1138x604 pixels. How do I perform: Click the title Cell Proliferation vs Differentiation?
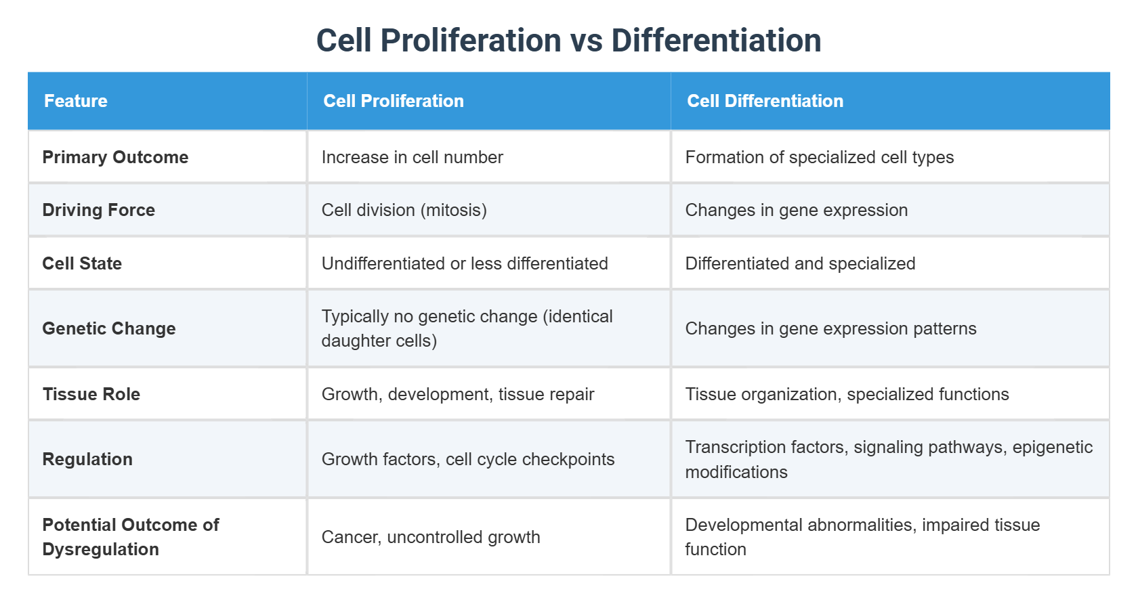click(x=568, y=41)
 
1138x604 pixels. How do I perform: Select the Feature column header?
click(x=76, y=101)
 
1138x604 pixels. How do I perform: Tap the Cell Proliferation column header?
click(x=394, y=101)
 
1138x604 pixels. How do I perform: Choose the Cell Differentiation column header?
click(x=765, y=101)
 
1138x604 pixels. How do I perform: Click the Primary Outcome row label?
click(x=115, y=157)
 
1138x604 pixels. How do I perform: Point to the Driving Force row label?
click(x=98, y=210)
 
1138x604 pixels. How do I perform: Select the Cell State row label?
click(x=82, y=263)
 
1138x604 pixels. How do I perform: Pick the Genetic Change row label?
click(x=108, y=328)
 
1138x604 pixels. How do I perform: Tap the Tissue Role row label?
click(x=91, y=394)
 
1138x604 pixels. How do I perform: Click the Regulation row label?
click(x=87, y=459)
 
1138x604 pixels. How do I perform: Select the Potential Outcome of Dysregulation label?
click(x=130, y=537)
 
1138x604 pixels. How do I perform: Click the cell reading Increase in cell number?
click(x=412, y=157)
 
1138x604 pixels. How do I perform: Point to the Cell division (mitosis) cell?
click(x=404, y=210)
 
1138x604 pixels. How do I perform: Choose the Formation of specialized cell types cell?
click(x=819, y=157)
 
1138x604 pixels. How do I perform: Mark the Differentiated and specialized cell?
click(x=800, y=263)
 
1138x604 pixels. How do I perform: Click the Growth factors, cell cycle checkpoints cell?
click(x=467, y=459)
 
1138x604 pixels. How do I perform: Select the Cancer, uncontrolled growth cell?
click(x=431, y=537)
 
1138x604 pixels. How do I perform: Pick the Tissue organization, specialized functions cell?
click(x=847, y=394)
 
